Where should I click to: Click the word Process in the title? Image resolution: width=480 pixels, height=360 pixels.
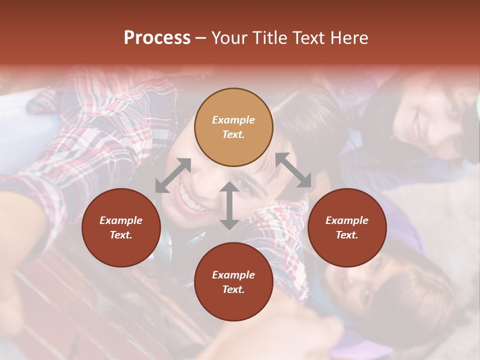[157, 38]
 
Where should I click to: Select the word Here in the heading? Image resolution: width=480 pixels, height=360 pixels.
[348, 38]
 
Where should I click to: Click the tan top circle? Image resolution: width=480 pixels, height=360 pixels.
[233, 127]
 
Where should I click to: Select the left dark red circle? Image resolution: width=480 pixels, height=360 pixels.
[121, 227]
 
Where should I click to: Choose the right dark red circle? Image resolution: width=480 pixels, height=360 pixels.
[347, 227]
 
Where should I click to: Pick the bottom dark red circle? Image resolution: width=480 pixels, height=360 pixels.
[233, 281]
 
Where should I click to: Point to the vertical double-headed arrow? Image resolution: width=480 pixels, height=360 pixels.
[229, 205]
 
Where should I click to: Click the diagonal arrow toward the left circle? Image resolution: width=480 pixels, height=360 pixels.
[173, 175]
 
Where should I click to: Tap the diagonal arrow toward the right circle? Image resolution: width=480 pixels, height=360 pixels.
[293, 170]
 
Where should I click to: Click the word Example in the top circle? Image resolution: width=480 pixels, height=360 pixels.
[233, 120]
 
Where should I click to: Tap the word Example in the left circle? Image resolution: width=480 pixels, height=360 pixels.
[121, 220]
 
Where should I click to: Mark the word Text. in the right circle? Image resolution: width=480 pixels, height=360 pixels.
[347, 235]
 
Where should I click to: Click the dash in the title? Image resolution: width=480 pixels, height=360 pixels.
[201, 38]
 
